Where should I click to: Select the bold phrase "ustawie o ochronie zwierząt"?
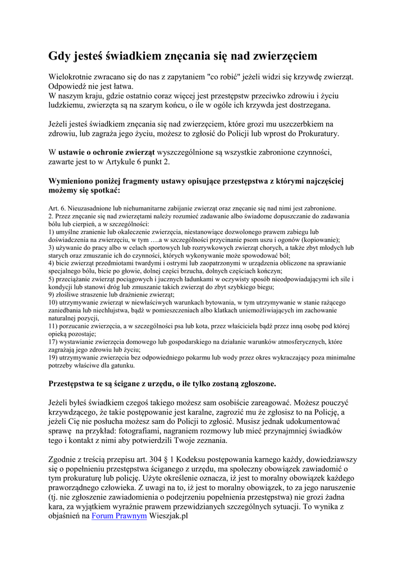point(106,152)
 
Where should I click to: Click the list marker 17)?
point(54,341)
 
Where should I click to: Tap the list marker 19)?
point(54,357)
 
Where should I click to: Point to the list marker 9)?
point(52,294)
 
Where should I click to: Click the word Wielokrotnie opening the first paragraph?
point(72,76)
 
